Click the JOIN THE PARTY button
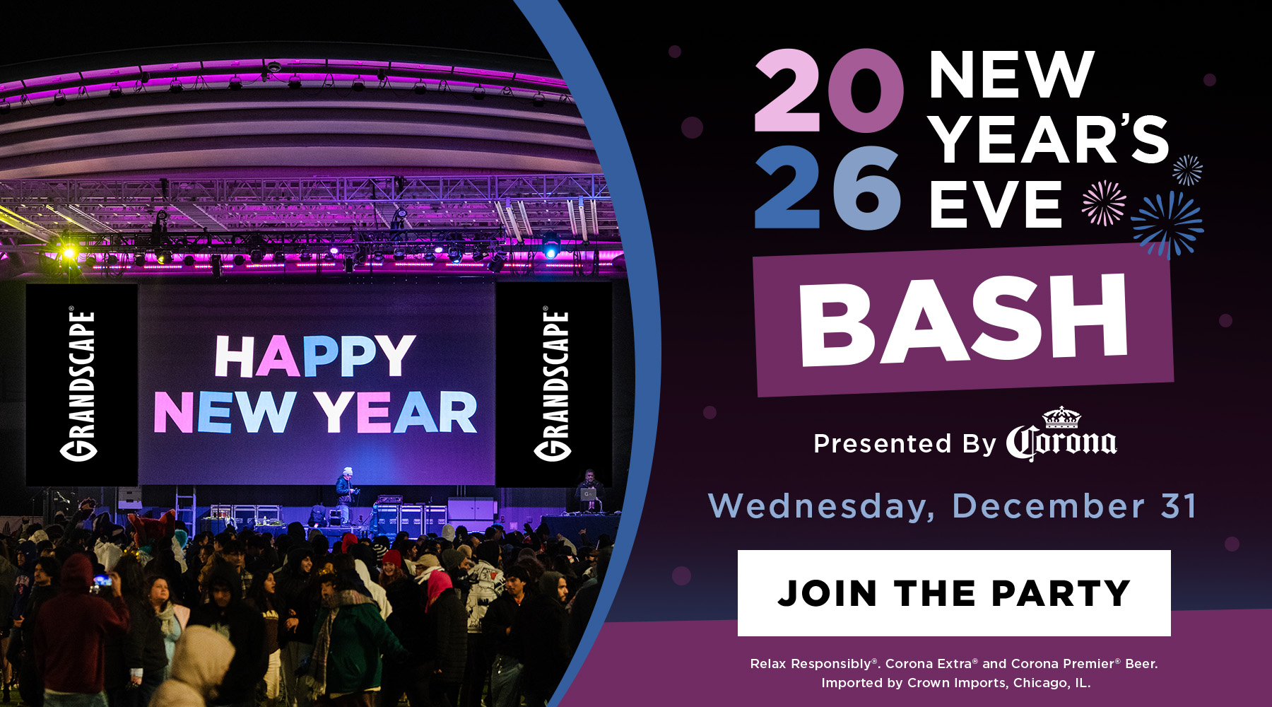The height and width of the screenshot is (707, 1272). [954, 592]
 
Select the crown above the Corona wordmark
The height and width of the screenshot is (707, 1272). [1062, 417]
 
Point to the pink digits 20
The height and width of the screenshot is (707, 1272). [828, 90]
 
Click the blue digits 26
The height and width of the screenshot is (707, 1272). [828, 187]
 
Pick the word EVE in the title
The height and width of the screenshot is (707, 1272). [996, 204]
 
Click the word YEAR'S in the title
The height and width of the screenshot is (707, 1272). [1049, 139]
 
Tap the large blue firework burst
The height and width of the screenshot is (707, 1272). [1167, 223]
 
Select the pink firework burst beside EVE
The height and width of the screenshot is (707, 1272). [1104, 203]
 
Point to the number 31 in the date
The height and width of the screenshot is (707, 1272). [1179, 506]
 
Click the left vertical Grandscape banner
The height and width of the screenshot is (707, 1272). [81, 385]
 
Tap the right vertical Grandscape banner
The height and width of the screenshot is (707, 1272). [554, 385]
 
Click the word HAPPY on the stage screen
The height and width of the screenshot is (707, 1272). [315, 357]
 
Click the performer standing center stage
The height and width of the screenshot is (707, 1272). [346, 496]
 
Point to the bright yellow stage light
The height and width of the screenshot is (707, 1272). [69, 251]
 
